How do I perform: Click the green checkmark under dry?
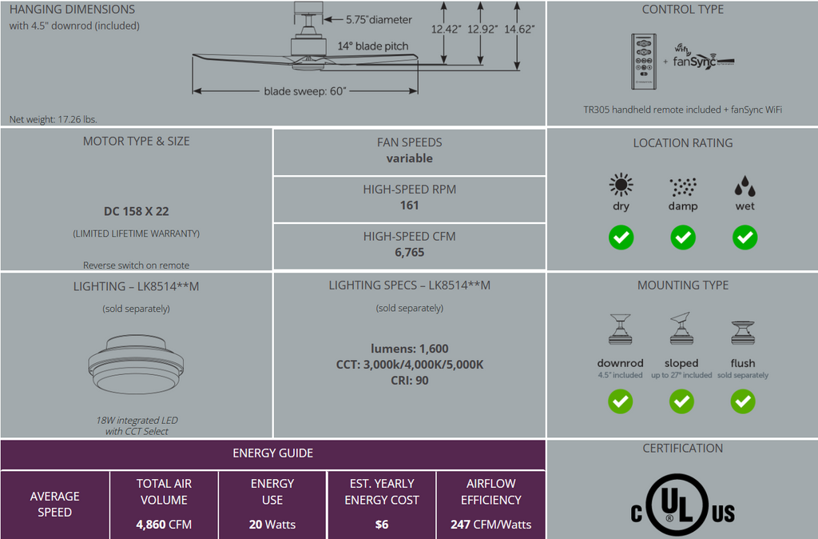pyautogui.click(x=621, y=238)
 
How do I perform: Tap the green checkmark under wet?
pyautogui.click(x=745, y=238)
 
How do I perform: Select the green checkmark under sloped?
pyautogui.click(x=681, y=401)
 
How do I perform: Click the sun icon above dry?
pyautogui.click(x=621, y=185)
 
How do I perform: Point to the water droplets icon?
pyautogui.click(x=745, y=186)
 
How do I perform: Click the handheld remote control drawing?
pyautogui.click(x=644, y=62)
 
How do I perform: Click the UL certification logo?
pyautogui.click(x=683, y=505)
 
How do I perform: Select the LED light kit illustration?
pyautogui.click(x=136, y=364)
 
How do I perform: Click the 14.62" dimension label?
pyautogui.click(x=519, y=30)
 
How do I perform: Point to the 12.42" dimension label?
pyautogui.click(x=446, y=30)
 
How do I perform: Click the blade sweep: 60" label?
pyautogui.click(x=304, y=91)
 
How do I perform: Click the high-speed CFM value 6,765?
pyautogui.click(x=410, y=252)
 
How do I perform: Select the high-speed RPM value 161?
pyautogui.click(x=410, y=206)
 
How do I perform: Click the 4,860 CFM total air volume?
pyautogui.click(x=164, y=525)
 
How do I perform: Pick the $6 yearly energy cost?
pyautogui.click(x=382, y=525)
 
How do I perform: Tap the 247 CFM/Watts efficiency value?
pyautogui.click(x=491, y=525)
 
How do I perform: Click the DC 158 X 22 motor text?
pyautogui.click(x=136, y=212)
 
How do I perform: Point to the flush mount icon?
pyautogui.click(x=743, y=333)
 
